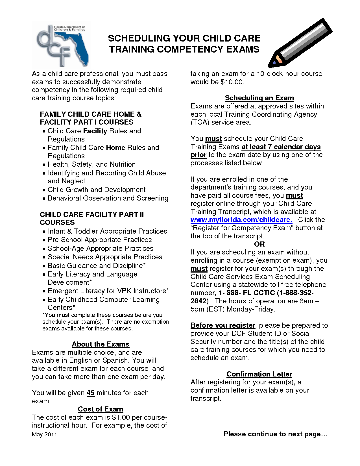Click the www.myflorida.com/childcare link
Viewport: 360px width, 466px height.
click(241, 220)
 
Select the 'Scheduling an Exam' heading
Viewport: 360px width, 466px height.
click(259, 98)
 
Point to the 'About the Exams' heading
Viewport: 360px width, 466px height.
click(101, 344)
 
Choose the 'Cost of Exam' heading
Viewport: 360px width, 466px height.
click(101, 409)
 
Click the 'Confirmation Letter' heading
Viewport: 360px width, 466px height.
click(259, 374)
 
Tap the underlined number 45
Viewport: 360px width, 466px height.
click(91, 393)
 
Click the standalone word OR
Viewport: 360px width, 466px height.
click(259, 244)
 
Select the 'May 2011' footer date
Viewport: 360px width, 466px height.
click(44, 434)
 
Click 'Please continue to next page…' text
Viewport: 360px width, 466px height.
click(275, 434)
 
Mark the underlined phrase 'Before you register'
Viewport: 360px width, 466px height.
click(223, 325)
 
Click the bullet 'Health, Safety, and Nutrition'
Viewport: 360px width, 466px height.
click(91, 164)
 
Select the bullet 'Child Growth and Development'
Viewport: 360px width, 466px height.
click(97, 190)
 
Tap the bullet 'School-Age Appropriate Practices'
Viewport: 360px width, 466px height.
click(100, 249)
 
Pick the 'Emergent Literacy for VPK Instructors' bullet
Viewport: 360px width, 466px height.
click(108, 291)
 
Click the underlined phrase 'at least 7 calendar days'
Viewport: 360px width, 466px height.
click(281, 147)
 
